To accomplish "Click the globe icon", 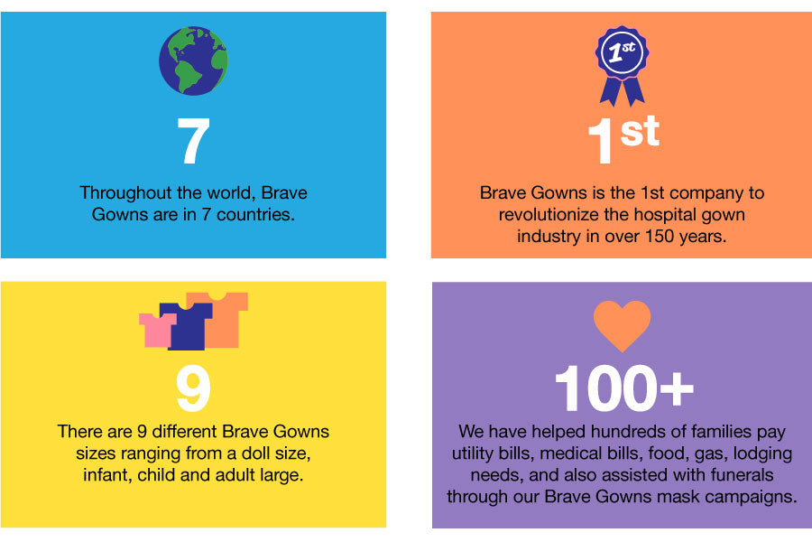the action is coord(193,61).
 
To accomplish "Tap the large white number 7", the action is coord(193,141).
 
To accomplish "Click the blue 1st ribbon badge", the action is coord(622,66).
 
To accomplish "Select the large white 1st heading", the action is coord(624,139).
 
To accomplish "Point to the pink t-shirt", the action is coord(157,330).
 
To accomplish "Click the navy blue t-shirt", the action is coord(187,326).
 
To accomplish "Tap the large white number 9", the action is coord(193,388).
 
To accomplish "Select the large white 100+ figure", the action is coord(624,388).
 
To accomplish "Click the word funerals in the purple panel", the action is coord(743,474).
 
